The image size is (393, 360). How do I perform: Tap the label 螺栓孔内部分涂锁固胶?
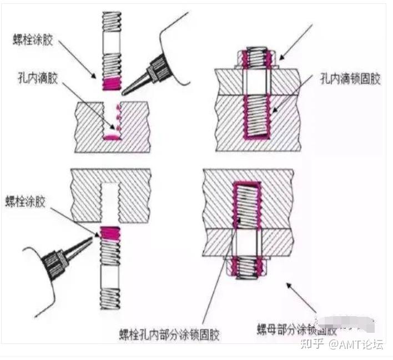(x=170, y=335)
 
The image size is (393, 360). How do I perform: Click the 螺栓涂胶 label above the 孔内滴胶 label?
(x=34, y=39)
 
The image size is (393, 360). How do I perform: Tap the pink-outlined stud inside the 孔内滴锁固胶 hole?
(x=256, y=117)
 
